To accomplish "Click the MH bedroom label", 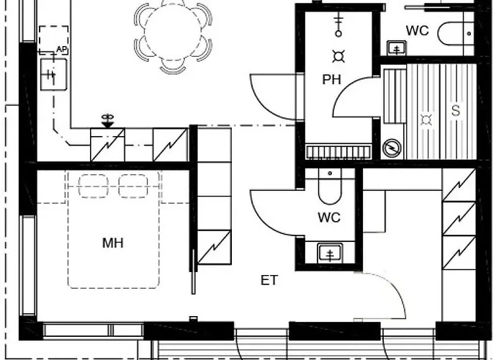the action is (113, 243).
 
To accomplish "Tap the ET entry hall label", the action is (269, 280).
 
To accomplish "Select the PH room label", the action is (331, 80).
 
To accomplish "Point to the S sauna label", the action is (456, 110).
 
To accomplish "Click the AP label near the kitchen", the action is (62, 50).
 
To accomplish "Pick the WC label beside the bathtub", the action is (417, 31).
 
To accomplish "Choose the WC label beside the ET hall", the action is (329, 217).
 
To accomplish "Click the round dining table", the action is (173, 32).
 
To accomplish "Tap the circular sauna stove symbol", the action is (392, 148).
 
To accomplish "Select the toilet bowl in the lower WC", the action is (330, 186).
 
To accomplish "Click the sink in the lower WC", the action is (330, 253).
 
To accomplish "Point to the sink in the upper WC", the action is (397, 48).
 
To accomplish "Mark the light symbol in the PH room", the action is (338, 57).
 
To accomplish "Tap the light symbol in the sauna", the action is (426, 120).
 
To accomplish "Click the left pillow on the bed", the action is (93, 186).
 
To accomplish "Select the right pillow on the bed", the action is (133, 186).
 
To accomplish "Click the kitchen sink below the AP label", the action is (54, 74).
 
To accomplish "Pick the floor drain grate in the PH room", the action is (338, 152).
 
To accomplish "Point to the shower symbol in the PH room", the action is (338, 26).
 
